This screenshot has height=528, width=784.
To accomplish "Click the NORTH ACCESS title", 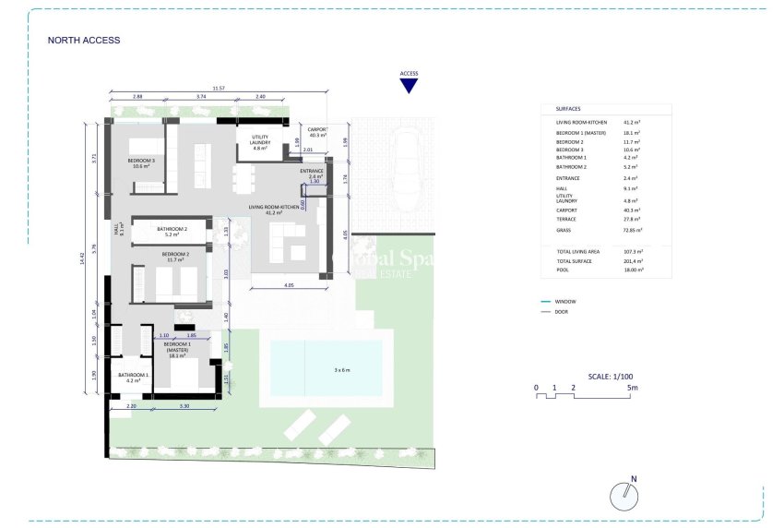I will point(84,41).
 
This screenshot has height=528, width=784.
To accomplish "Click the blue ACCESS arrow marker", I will point(409,85).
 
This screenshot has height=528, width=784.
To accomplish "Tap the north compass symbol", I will point(625,497).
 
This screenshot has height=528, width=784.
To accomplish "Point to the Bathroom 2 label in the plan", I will point(172,231).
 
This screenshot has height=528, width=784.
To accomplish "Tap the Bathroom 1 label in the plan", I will point(133,376).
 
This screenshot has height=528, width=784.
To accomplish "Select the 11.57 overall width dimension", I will point(218,88).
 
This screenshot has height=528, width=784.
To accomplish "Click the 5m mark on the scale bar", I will point(632,388).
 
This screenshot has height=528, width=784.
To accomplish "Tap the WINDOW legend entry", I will point(566,302).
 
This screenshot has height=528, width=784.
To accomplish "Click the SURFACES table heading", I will point(569,108).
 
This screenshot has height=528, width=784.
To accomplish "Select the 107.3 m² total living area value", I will point(633,251).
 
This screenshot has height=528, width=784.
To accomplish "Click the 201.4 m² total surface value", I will point(633,262).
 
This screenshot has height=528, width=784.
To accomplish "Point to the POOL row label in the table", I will point(563,271).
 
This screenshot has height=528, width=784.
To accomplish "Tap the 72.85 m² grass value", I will point(633,230).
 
